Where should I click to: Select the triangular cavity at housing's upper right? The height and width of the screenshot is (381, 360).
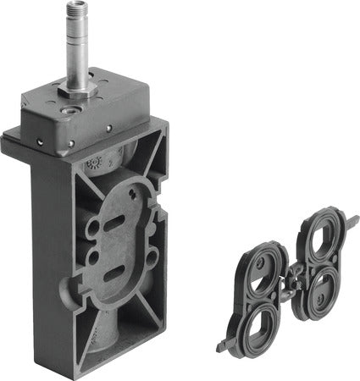tap(158, 173)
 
